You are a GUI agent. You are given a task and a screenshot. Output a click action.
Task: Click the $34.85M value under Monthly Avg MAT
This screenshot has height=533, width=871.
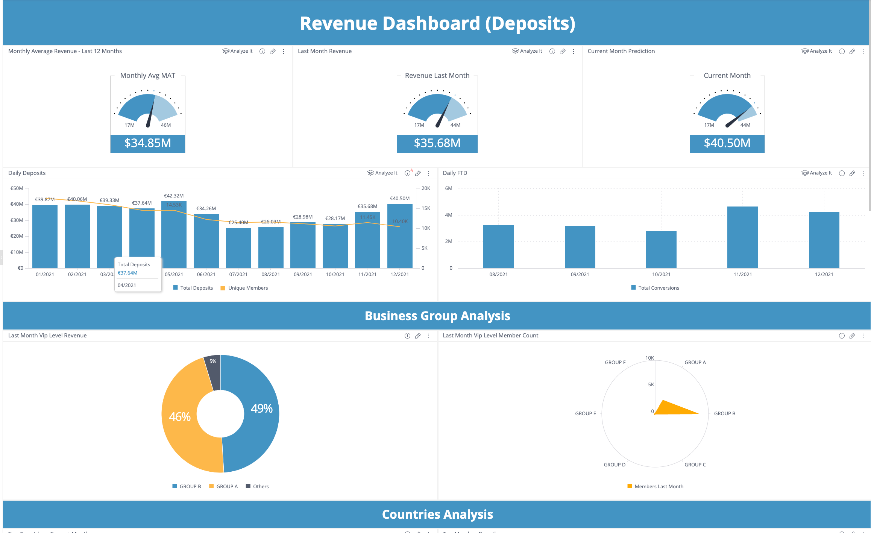(x=147, y=143)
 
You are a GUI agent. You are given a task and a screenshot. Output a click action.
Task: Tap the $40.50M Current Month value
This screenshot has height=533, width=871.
(x=727, y=143)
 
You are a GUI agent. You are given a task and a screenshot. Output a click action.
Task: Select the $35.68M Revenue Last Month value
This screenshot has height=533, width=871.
(x=437, y=143)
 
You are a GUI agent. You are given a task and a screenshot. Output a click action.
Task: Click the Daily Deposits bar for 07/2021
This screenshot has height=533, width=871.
(x=238, y=248)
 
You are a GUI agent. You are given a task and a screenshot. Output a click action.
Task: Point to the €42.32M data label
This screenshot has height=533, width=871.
(x=174, y=196)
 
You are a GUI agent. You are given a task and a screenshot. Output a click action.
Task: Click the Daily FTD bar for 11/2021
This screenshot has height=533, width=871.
(x=742, y=237)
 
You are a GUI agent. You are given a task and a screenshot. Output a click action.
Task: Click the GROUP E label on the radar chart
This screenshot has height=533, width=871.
(x=585, y=414)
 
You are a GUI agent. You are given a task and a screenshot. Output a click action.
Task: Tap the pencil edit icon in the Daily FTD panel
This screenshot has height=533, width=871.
(x=852, y=173)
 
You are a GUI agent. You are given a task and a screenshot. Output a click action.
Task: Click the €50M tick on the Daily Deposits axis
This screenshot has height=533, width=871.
(x=17, y=188)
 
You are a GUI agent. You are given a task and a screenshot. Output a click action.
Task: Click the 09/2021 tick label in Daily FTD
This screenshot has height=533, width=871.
(x=580, y=275)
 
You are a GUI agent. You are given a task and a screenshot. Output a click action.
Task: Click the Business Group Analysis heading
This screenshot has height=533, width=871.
(x=437, y=316)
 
